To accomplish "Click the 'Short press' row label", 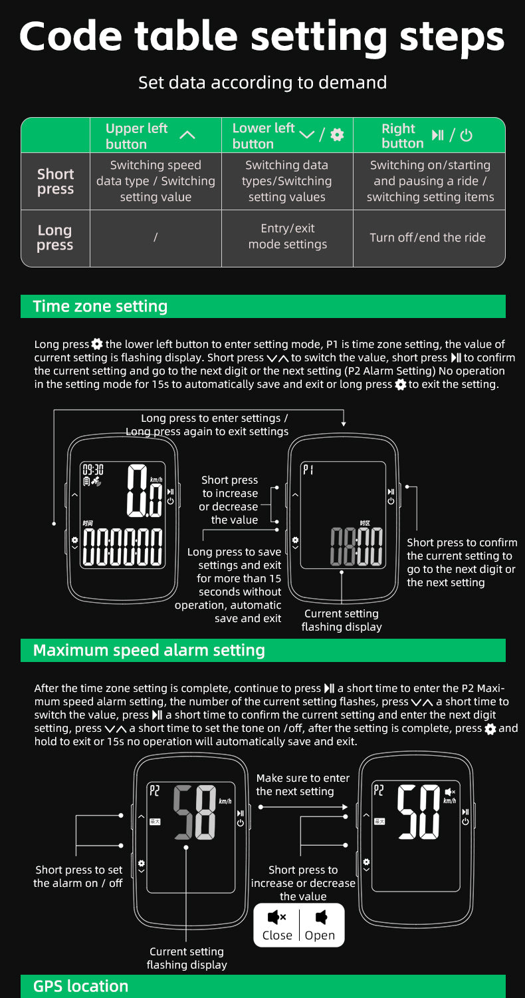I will coord(55,182).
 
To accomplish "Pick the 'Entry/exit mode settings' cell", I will coord(287,237).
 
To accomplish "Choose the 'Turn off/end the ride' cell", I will coord(427,238).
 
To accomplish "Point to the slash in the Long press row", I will coord(156,238).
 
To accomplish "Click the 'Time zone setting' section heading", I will coord(100,307).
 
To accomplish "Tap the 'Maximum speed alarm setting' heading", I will coord(149,650).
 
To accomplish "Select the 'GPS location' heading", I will coord(80,986).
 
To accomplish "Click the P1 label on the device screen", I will coord(308,470).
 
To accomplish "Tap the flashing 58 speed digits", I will coord(195,812).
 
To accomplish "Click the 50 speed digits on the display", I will coord(419,812).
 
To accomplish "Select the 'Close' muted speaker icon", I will coord(276,918).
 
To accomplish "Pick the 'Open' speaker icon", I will coord(321,918).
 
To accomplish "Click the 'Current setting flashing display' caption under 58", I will coord(187,958).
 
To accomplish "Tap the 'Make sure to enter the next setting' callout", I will coord(302,784).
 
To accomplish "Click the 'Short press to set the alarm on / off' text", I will coord(78,876).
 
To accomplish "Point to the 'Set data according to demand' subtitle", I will coord(262,83).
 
